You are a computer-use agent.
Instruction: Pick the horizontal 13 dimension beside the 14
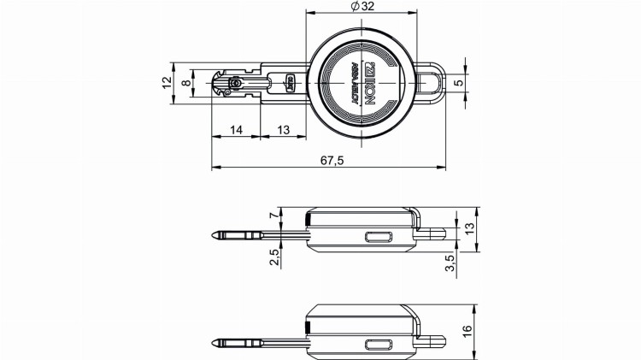284,130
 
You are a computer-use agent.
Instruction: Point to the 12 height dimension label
167,83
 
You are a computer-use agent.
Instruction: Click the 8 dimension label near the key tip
185,83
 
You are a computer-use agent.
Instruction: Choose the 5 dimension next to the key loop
458,83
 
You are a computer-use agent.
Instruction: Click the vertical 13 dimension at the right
469,228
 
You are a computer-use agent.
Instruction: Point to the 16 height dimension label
469,331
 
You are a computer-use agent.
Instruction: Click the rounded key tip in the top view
217,84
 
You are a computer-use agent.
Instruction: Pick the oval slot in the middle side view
377,239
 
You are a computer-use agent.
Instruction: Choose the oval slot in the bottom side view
377,345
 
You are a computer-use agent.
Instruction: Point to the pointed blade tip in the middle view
215,234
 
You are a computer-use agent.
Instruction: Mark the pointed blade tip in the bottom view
215,340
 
